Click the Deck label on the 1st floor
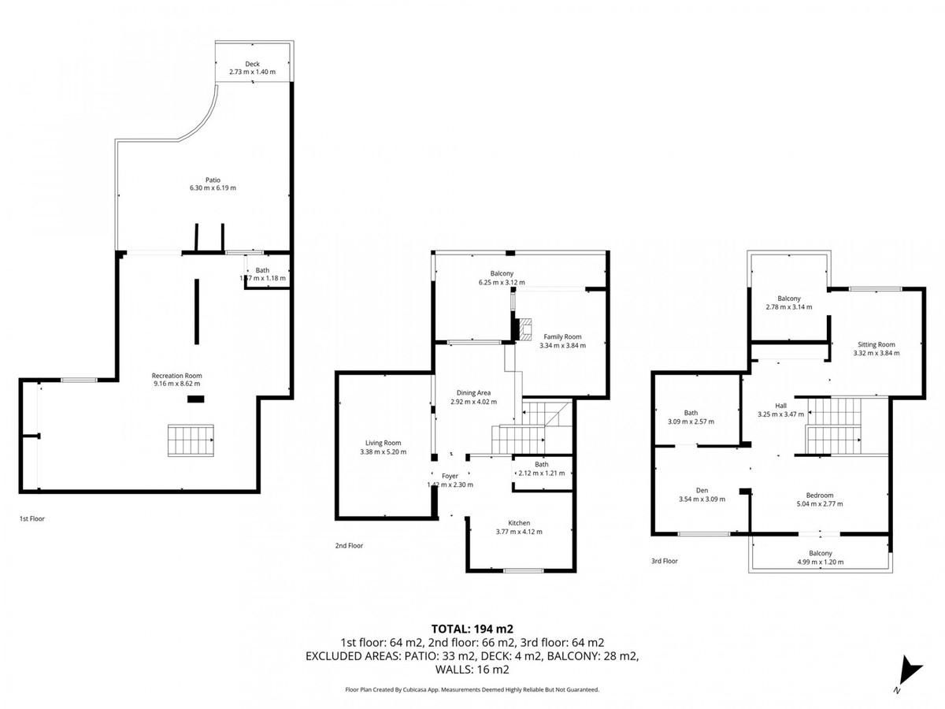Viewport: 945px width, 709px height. [252, 64]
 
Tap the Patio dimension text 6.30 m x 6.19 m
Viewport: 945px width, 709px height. [213, 188]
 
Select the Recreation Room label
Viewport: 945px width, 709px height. [177, 375]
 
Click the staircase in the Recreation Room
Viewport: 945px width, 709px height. [191, 440]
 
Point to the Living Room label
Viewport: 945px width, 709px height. [383, 443]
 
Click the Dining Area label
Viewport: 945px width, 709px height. [474, 392]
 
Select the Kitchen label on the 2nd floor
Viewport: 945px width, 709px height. [518, 523]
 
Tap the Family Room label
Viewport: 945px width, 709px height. [562, 336]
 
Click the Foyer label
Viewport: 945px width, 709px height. [450, 476]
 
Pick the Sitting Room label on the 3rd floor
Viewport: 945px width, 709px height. [876, 344]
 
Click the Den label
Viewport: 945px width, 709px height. [702, 489]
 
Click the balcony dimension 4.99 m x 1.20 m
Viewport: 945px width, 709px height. [820, 562]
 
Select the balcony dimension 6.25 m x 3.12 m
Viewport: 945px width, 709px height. [502, 282]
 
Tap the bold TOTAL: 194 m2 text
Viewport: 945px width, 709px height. [472, 629]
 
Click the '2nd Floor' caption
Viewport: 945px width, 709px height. [350, 544]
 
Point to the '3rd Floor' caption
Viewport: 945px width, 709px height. [665, 561]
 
